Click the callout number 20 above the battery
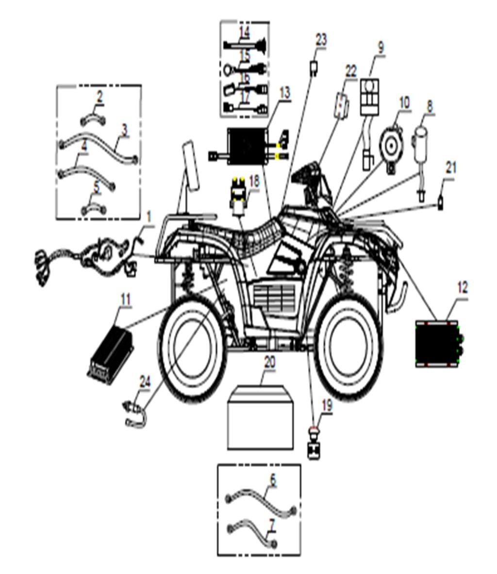click(x=270, y=362)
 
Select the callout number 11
click(x=126, y=300)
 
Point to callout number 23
click(x=321, y=40)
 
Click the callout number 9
click(x=381, y=48)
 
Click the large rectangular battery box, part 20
click(x=261, y=416)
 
